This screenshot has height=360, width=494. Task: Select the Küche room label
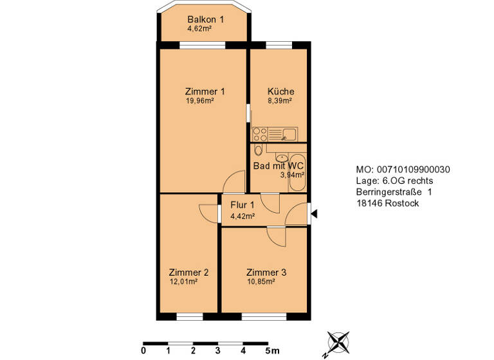click(280, 91)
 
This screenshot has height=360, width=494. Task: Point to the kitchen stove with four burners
click(260, 135)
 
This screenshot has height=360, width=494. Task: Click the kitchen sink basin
click(289, 134)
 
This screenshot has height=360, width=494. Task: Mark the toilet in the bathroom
click(258, 151)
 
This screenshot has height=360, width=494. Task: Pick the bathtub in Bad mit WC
click(297, 172)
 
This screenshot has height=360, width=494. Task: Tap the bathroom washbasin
click(282, 157)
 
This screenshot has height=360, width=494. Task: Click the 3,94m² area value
click(292, 174)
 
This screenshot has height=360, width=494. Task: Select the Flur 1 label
click(242, 206)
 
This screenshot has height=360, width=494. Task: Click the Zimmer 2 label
click(188, 272)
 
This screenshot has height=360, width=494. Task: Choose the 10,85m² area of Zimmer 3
click(261, 282)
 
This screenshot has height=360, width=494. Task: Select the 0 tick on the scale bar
click(143, 351)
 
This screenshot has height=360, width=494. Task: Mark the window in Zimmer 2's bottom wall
click(189, 317)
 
